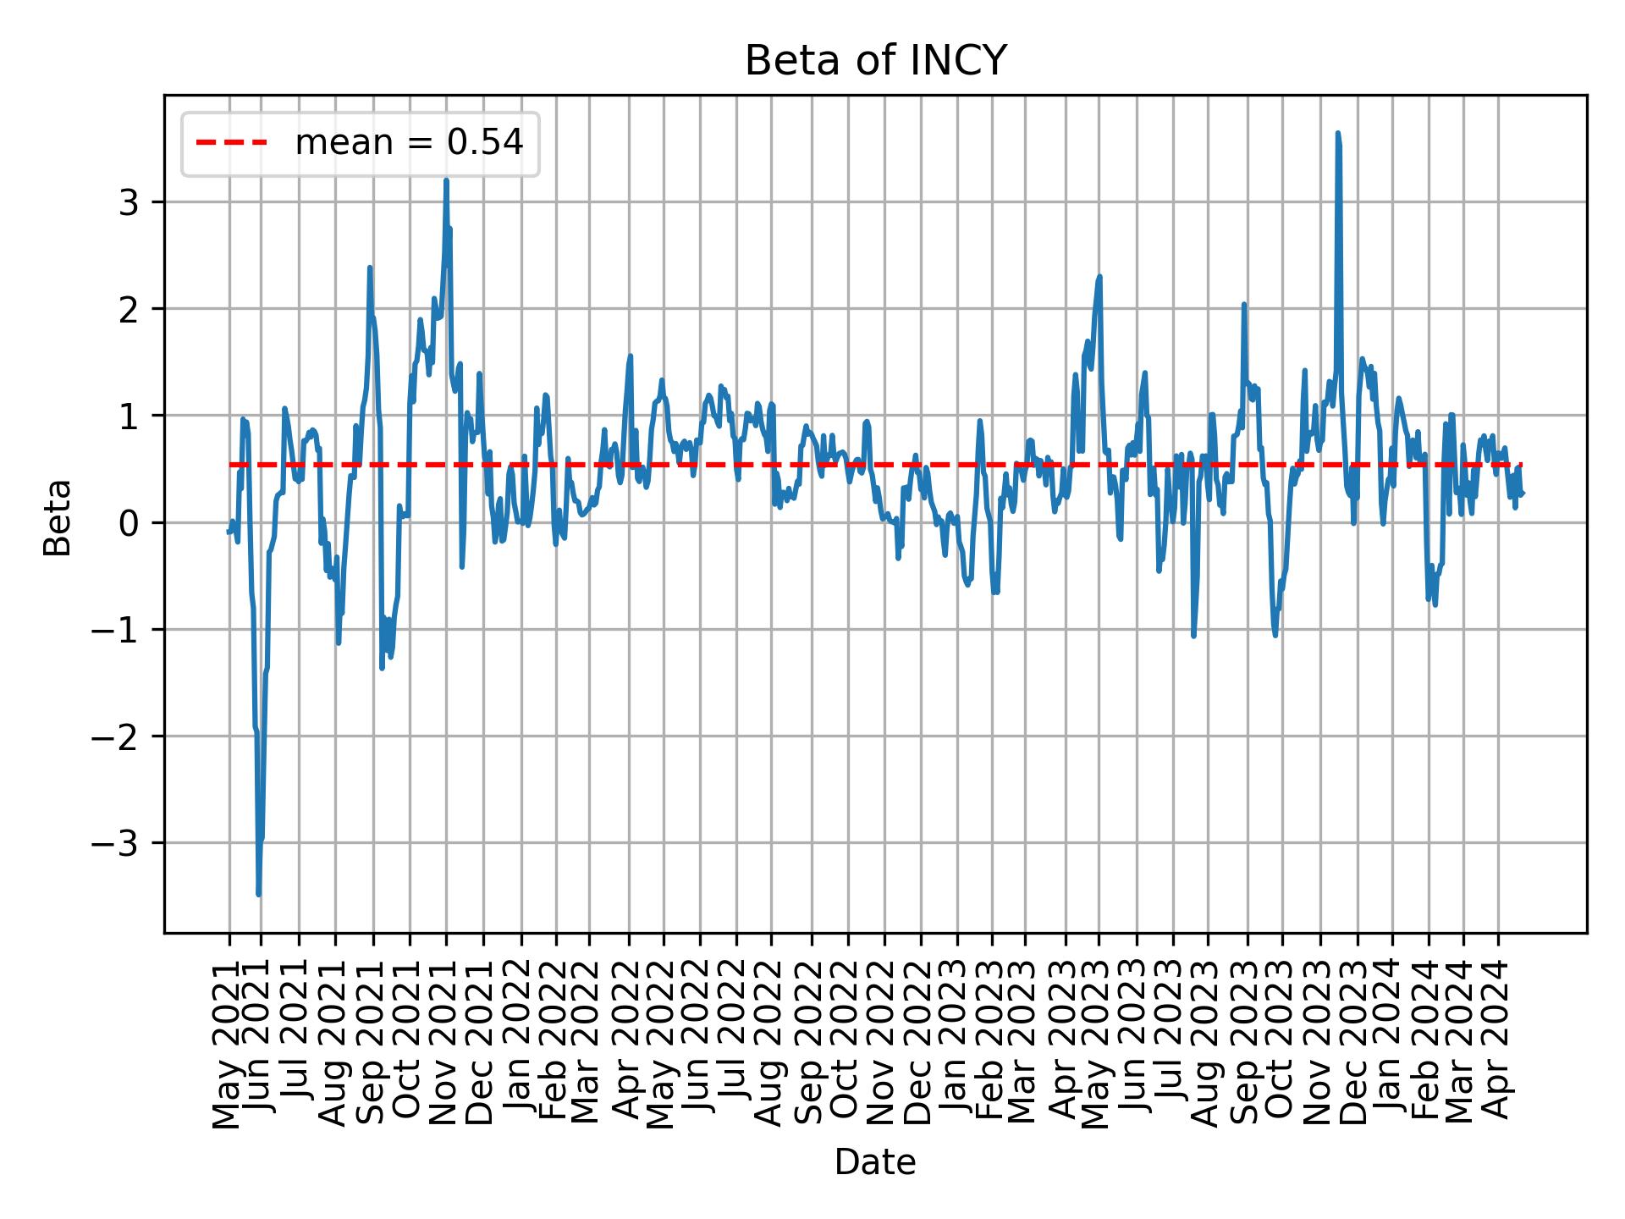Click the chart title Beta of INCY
click(875, 61)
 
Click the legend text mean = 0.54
click(409, 143)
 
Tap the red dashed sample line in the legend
click(232, 143)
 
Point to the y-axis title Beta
click(58, 517)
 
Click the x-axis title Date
click(875, 1162)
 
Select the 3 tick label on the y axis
click(129, 202)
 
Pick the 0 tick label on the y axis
click(129, 523)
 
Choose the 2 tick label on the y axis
click(129, 309)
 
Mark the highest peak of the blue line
click(1337, 133)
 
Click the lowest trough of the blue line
click(258, 894)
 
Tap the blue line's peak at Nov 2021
click(446, 180)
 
